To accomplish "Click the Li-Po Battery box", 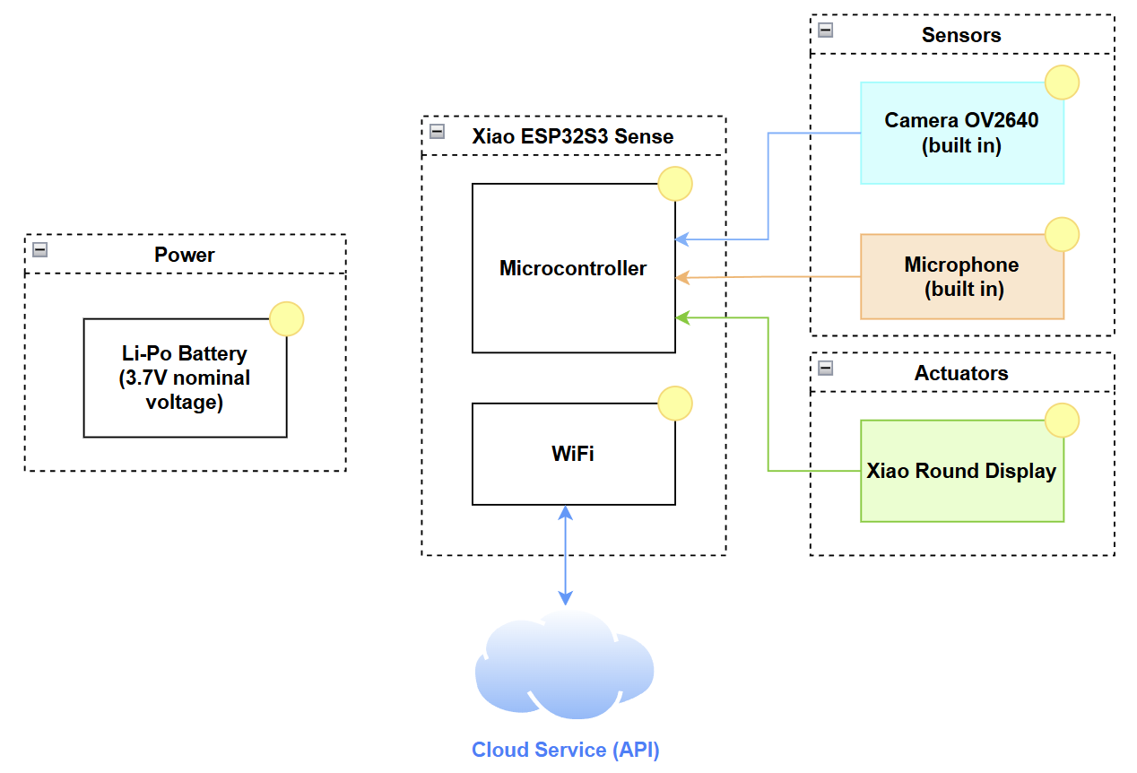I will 185,378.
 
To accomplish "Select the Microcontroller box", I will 573,268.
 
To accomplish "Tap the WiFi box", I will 573,454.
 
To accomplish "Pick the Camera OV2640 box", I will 961,133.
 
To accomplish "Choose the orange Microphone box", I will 961,276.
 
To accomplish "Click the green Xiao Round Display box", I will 961,471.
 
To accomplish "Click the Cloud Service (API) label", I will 566,751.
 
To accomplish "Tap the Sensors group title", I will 961,35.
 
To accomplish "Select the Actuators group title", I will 961,373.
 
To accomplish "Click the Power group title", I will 185,255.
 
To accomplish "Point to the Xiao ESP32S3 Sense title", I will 573,136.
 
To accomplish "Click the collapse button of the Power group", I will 39,250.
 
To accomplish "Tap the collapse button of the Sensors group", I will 826,30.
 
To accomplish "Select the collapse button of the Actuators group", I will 826,369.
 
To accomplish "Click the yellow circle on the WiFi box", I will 675,404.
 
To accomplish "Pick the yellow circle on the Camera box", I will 1063,83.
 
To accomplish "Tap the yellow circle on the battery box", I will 287,319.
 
